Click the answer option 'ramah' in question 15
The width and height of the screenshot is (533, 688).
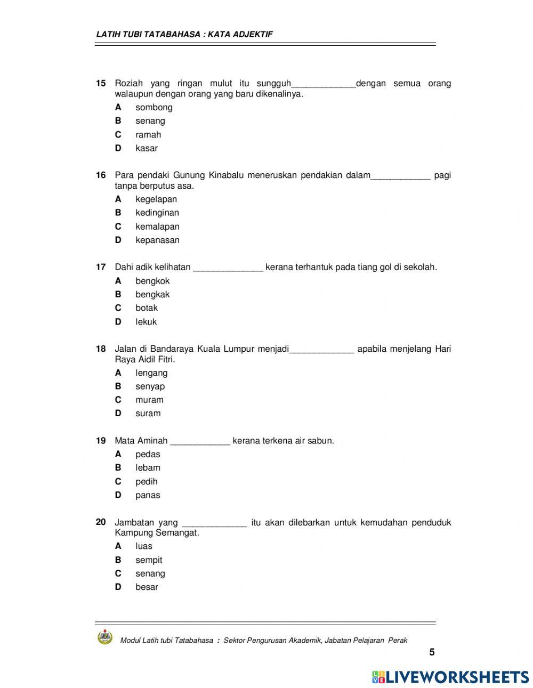pos(148,135)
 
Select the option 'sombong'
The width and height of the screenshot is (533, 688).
pos(154,107)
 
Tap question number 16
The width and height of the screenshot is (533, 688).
pos(101,175)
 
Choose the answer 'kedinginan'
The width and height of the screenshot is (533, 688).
pos(157,213)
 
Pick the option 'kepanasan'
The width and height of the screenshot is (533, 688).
pos(157,240)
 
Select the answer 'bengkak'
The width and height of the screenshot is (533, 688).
pos(152,294)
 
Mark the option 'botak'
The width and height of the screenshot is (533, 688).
pos(147,307)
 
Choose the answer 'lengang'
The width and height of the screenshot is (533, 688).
pos(151,373)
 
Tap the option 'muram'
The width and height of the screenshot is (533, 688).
pos(149,400)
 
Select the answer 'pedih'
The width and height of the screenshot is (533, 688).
pos(147,481)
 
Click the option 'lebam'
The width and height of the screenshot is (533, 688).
pos(148,467)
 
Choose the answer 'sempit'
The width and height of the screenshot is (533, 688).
pos(149,560)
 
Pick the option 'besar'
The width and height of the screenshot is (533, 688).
pos(147,587)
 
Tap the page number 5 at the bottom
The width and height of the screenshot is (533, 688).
pos(432,652)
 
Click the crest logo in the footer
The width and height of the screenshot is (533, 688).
pos(105,637)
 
